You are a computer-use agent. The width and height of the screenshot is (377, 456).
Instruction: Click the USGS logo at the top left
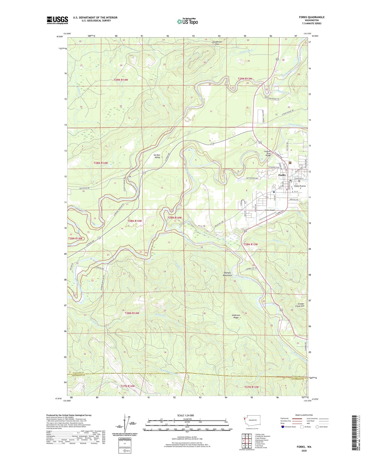(x=57, y=20)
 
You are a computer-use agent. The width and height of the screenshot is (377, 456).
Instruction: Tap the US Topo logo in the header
(x=187, y=21)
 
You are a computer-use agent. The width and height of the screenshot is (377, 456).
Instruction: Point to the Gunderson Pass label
(x=217, y=43)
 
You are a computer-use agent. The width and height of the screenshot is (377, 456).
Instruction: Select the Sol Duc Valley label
(x=157, y=156)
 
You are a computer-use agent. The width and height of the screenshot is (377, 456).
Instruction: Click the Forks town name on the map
(x=282, y=175)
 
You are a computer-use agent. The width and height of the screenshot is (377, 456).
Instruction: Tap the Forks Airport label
(x=270, y=210)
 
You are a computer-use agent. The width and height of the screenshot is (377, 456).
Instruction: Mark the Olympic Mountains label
(x=228, y=274)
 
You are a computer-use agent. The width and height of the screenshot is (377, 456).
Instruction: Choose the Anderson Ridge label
(x=236, y=316)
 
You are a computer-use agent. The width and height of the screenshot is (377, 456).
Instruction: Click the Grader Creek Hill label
(x=301, y=305)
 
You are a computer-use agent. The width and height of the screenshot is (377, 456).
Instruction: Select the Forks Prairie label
(x=300, y=186)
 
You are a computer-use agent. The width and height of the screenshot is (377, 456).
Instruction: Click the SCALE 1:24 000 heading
(x=185, y=415)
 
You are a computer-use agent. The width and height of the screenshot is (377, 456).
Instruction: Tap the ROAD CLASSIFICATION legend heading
(x=304, y=415)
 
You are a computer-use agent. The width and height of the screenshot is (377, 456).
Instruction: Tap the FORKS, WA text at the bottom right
(x=304, y=447)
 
